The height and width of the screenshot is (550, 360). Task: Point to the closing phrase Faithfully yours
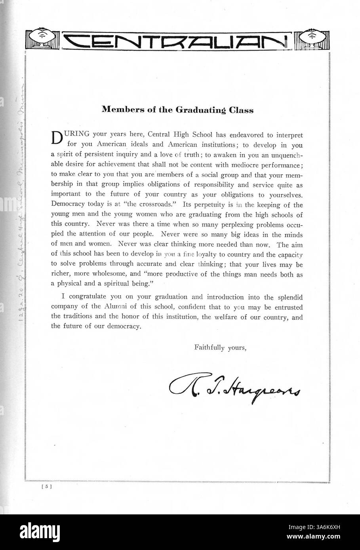click(221, 348)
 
